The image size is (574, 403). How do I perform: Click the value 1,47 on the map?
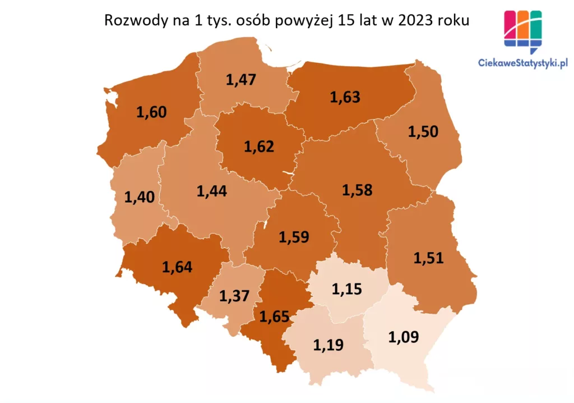(x=240, y=79)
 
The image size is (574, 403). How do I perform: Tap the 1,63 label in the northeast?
(x=345, y=97)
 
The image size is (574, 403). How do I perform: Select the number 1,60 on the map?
(x=151, y=112)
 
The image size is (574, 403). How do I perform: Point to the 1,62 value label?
(x=259, y=147)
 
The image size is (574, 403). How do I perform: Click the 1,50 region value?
(x=423, y=132)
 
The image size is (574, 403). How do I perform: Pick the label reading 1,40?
(x=139, y=197)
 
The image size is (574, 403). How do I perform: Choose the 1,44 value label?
(x=211, y=191)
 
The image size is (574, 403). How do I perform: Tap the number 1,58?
(x=357, y=190)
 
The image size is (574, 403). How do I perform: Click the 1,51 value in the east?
(x=428, y=258)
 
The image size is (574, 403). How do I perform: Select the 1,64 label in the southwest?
(x=177, y=266)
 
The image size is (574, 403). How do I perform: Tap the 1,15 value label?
(x=347, y=289)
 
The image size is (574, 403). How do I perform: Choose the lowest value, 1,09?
(x=404, y=337)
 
